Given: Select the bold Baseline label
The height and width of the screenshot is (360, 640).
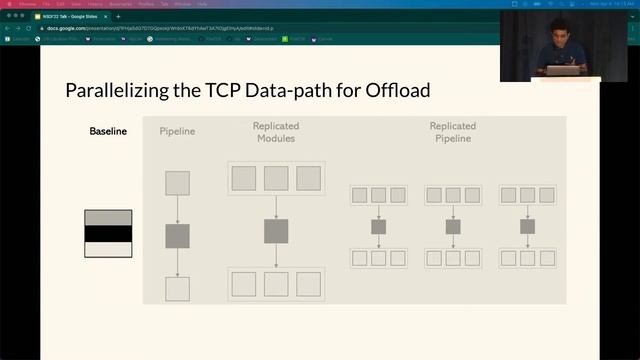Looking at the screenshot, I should click(x=108, y=132).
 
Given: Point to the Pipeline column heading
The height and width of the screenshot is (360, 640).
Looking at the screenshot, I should click(x=177, y=132).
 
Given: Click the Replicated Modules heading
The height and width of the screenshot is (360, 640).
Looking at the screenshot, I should click(x=275, y=132).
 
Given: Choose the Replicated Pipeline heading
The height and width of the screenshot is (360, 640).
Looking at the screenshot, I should click(x=452, y=132).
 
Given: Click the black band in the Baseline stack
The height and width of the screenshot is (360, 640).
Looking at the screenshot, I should click(x=108, y=234).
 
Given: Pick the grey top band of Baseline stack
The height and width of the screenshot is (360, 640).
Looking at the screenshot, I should click(x=108, y=217).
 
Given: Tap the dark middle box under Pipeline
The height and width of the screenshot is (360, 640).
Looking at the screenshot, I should click(x=177, y=236).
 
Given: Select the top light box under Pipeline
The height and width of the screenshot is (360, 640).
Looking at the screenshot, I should click(x=177, y=183).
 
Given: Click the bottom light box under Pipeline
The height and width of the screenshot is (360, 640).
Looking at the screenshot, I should click(x=177, y=289).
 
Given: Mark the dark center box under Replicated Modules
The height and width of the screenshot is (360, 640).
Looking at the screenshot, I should click(x=276, y=231).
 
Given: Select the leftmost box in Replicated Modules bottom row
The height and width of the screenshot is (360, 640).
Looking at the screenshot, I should click(x=244, y=284).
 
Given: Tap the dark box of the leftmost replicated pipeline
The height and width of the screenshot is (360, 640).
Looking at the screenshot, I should click(x=378, y=227).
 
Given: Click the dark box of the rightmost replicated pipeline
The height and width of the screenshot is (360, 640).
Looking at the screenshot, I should click(x=527, y=227).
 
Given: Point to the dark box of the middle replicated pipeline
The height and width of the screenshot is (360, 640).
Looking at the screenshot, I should click(x=453, y=227).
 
